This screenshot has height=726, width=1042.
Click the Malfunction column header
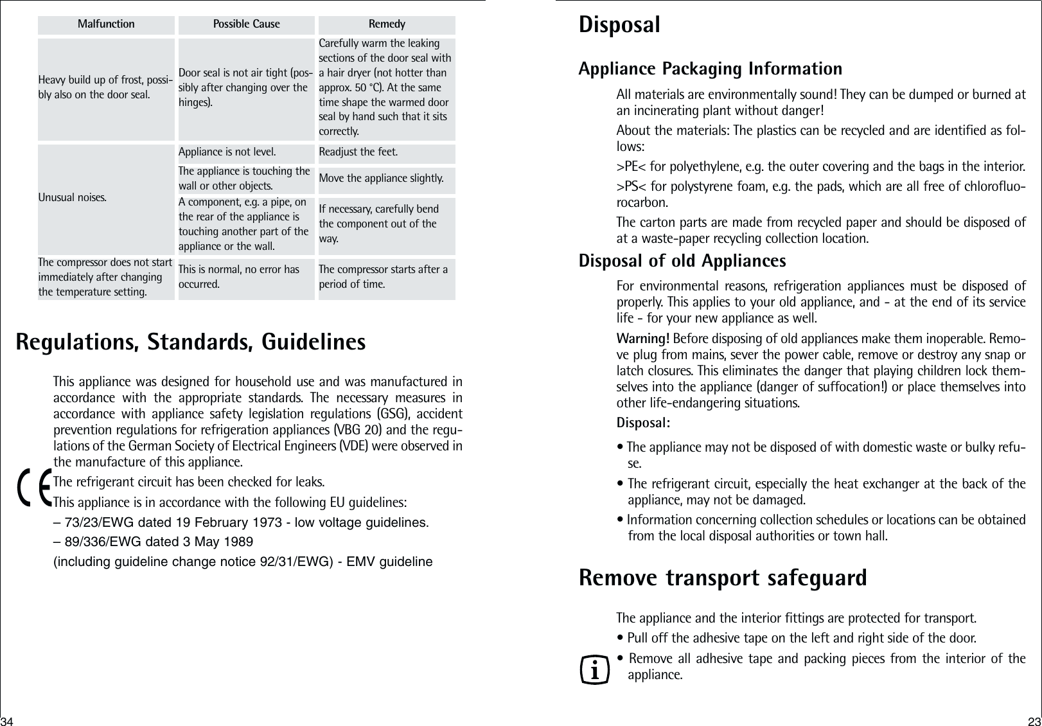(106, 24)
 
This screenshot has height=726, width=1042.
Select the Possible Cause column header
(247, 24)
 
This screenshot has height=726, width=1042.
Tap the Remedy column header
(387, 24)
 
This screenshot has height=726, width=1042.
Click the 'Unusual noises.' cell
(71, 196)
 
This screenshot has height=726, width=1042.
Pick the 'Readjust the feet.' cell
(358, 152)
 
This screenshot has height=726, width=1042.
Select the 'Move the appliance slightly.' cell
(382, 178)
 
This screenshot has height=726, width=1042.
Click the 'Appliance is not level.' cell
(227, 152)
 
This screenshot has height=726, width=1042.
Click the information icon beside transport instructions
(594, 669)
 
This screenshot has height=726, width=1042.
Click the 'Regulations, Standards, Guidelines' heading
(191, 342)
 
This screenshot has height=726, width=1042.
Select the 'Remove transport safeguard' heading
(723, 578)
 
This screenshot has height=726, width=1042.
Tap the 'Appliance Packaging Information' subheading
(710, 69)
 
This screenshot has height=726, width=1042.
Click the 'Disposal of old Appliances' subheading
(682, 261)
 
